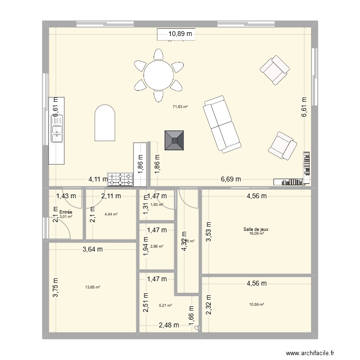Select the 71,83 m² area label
point(180,107)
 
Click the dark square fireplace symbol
point(174,141)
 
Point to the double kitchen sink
point(58,130)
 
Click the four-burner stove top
point(120,180)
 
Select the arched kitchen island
point(105,123)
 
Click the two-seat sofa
point(222,124)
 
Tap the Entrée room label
point(66,212)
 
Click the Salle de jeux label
point(256,229)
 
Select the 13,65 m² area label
point(93,287)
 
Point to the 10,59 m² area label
point(256,304)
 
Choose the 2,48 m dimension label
point(168,325)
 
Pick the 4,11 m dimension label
point(98,180)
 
